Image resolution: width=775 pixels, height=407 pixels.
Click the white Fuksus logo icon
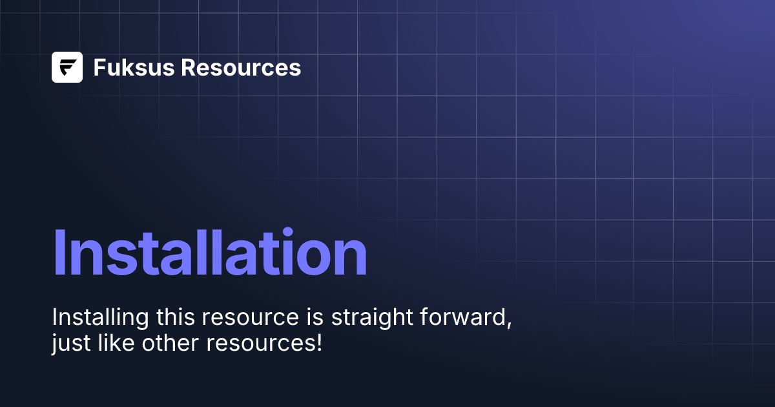pyautogui.click(x=67, y=67)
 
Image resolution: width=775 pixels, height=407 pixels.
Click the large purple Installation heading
pyautogui.click(x=210, y=253)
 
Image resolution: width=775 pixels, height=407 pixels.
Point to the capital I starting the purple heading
pyautogui.click(x=59, y=253)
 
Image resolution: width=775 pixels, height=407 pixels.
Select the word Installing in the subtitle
pyautogui.click(x=99, y=318)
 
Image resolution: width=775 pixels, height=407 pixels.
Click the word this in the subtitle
pyautogui.click(x=174, y=318)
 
